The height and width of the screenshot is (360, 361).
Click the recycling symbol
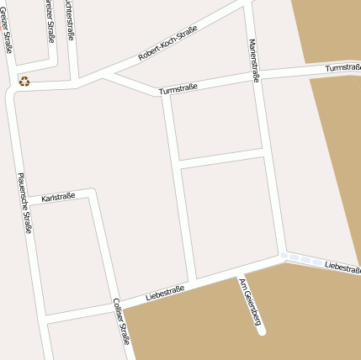(x=24, y=81)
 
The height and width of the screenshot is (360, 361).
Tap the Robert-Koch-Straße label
(x=167, y=43)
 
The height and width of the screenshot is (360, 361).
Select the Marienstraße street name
(x=254, y=61)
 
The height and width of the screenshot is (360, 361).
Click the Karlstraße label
(x=58, y=196)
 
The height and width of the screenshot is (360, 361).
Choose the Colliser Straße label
(x=121, y=321)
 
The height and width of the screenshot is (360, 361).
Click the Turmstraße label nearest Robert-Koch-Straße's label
(x=178, y=85)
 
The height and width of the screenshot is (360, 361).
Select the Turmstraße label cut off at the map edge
(x=342, y=66)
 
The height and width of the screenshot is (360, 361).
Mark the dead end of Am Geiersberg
(x=262, y=331)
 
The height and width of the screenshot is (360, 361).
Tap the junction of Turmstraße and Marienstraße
(x=257, y=77)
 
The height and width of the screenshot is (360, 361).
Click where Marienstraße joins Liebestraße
(x=283, y=254)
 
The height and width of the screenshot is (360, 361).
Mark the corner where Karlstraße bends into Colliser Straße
(x=93, y=192)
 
